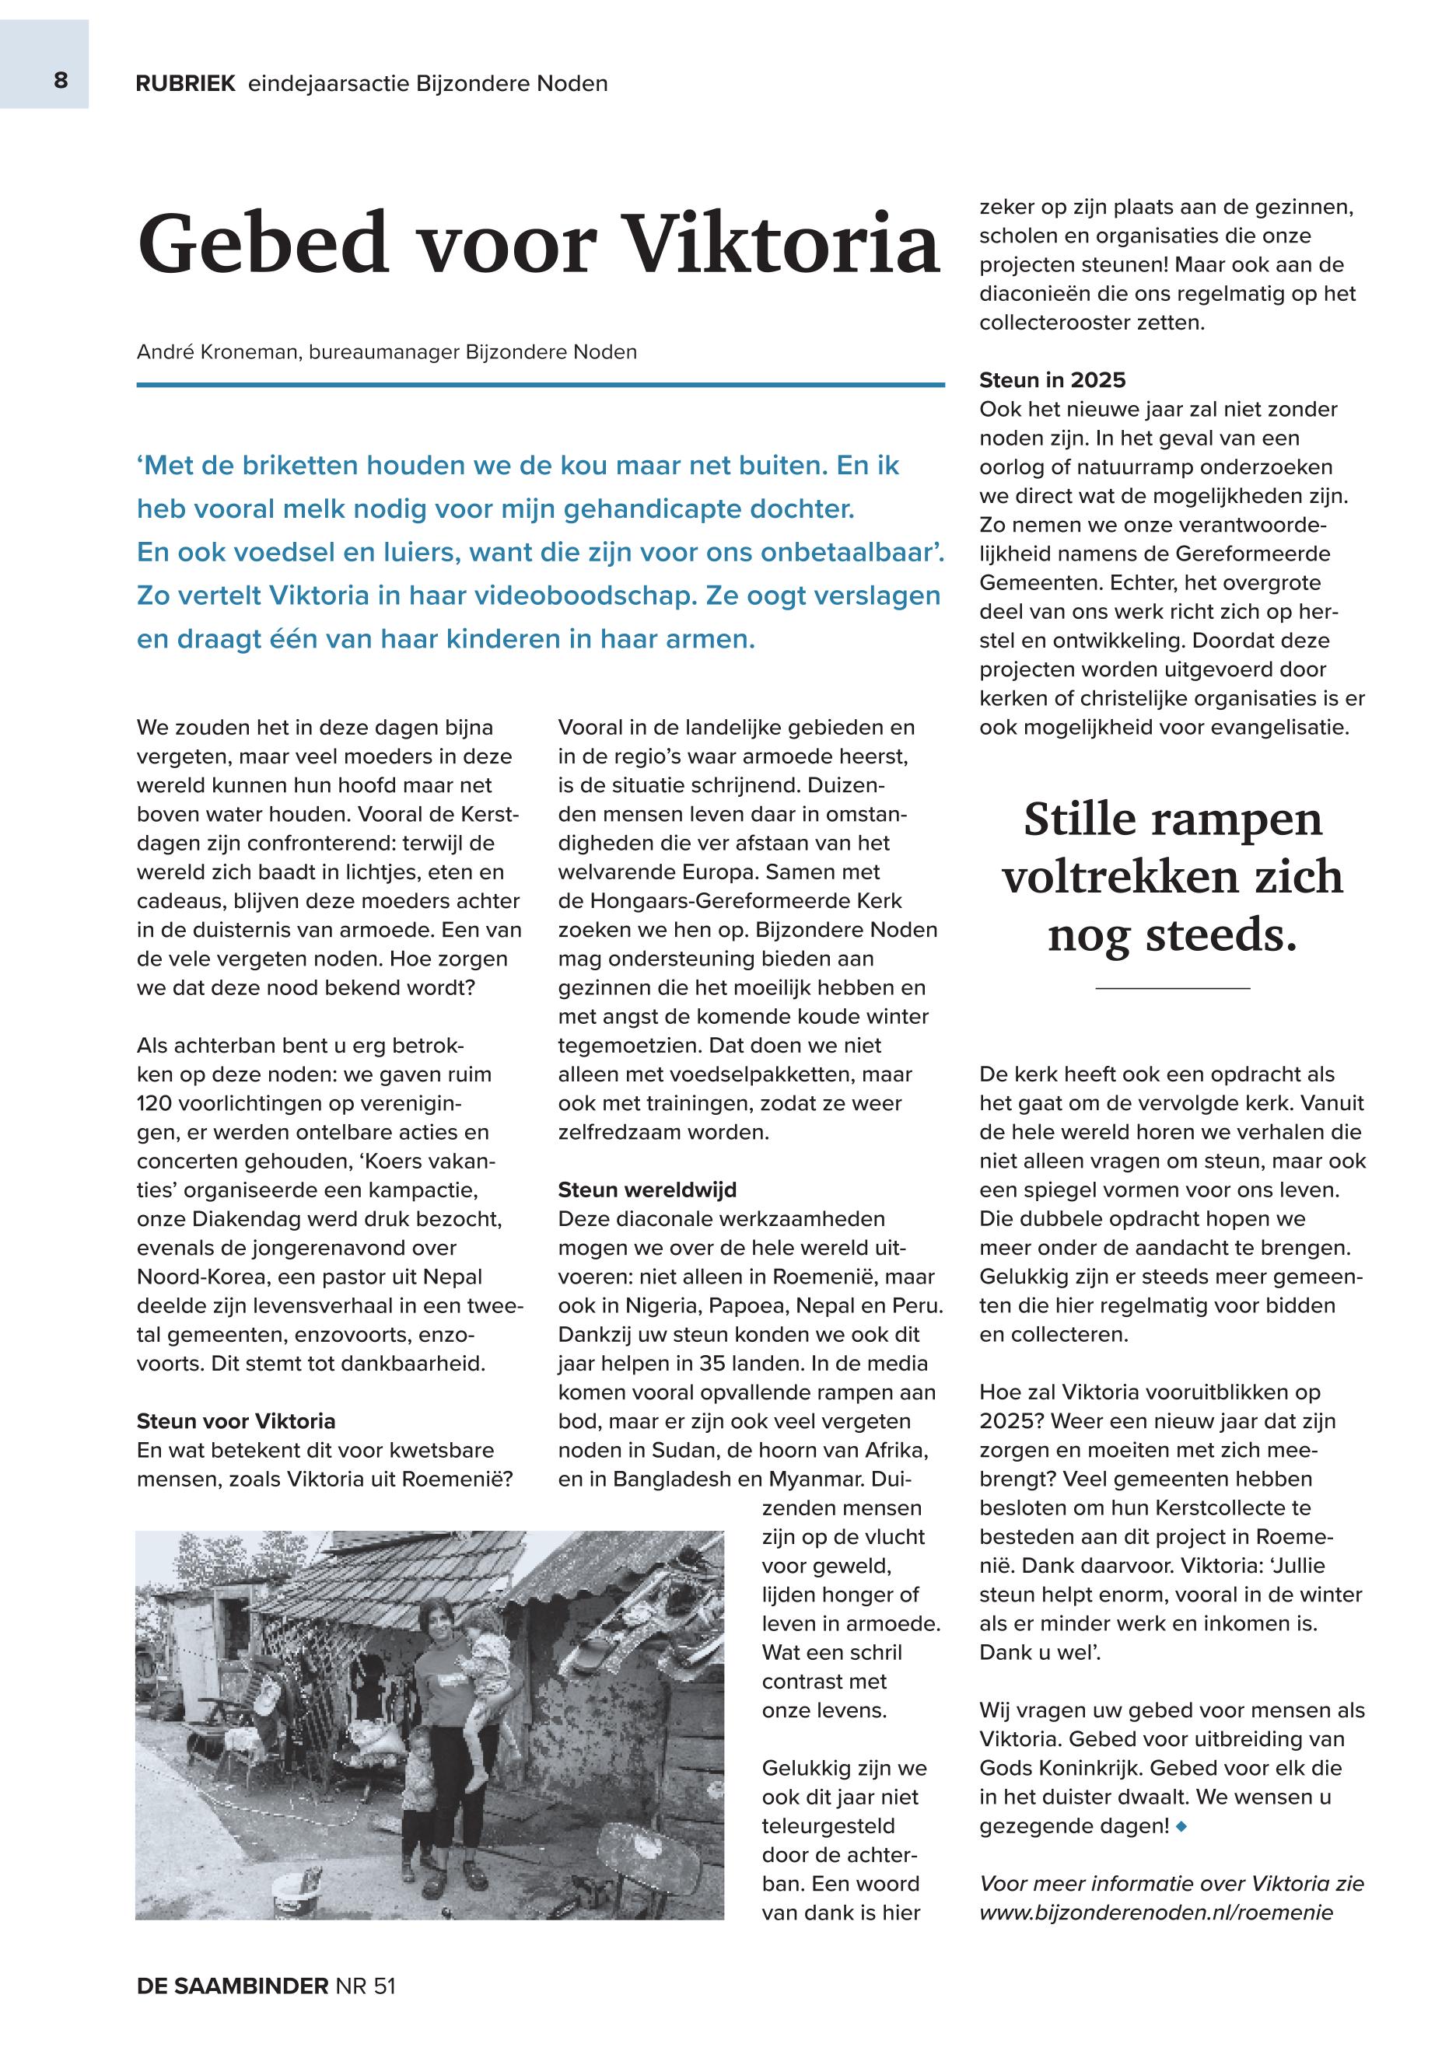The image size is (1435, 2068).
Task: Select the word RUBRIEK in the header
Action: [185, 84]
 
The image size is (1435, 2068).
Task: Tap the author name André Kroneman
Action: [218, 351]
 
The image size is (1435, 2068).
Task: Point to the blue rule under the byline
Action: [540, 385]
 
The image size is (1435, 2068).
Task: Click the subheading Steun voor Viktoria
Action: [236, 1421]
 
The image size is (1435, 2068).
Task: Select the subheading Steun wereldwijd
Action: [647, 1190]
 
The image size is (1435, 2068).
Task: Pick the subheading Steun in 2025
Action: [1052, 380]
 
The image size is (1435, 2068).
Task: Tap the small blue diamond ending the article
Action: [1181, 1826]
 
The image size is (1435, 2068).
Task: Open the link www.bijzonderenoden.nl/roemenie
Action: [1155, 1912]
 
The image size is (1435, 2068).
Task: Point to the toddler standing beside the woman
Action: [418, 1784]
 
